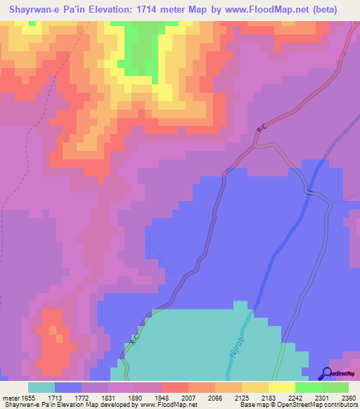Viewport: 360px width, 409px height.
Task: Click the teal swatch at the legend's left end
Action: pyautogui.click(x=41, y=387)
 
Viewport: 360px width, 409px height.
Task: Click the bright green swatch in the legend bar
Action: pyautogui.click(x=308, y=387)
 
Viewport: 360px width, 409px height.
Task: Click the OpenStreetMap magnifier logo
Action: pyautogui.click(x=328, y=373)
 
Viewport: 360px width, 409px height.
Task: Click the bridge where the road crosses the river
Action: pyautogui.click(x=307, y=191)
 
